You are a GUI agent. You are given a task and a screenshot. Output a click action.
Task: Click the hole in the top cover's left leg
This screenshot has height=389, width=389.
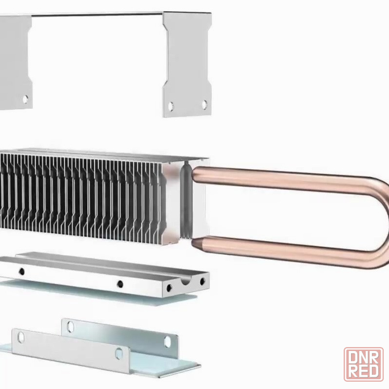point(25,99)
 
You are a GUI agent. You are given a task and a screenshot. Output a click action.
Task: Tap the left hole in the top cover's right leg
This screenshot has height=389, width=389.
point(171,106)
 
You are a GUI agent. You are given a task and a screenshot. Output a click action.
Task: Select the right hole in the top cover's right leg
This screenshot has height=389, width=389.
point(204,104)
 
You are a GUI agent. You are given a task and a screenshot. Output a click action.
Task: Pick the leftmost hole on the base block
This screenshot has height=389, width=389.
point(22,272)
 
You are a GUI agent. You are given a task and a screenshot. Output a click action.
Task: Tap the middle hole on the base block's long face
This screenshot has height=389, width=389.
point(120,284)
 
